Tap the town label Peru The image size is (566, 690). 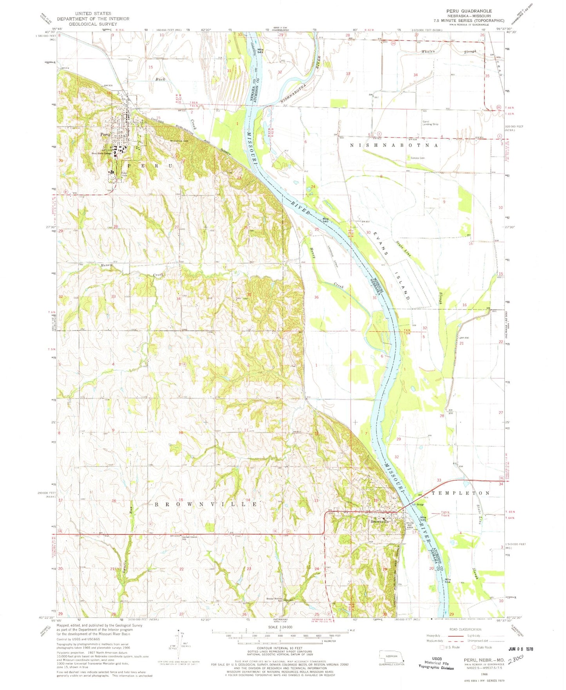click(104, 134)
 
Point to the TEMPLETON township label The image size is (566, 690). click(461, 493)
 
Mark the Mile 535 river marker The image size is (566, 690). click(423, 519)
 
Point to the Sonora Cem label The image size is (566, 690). click(418, 158)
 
